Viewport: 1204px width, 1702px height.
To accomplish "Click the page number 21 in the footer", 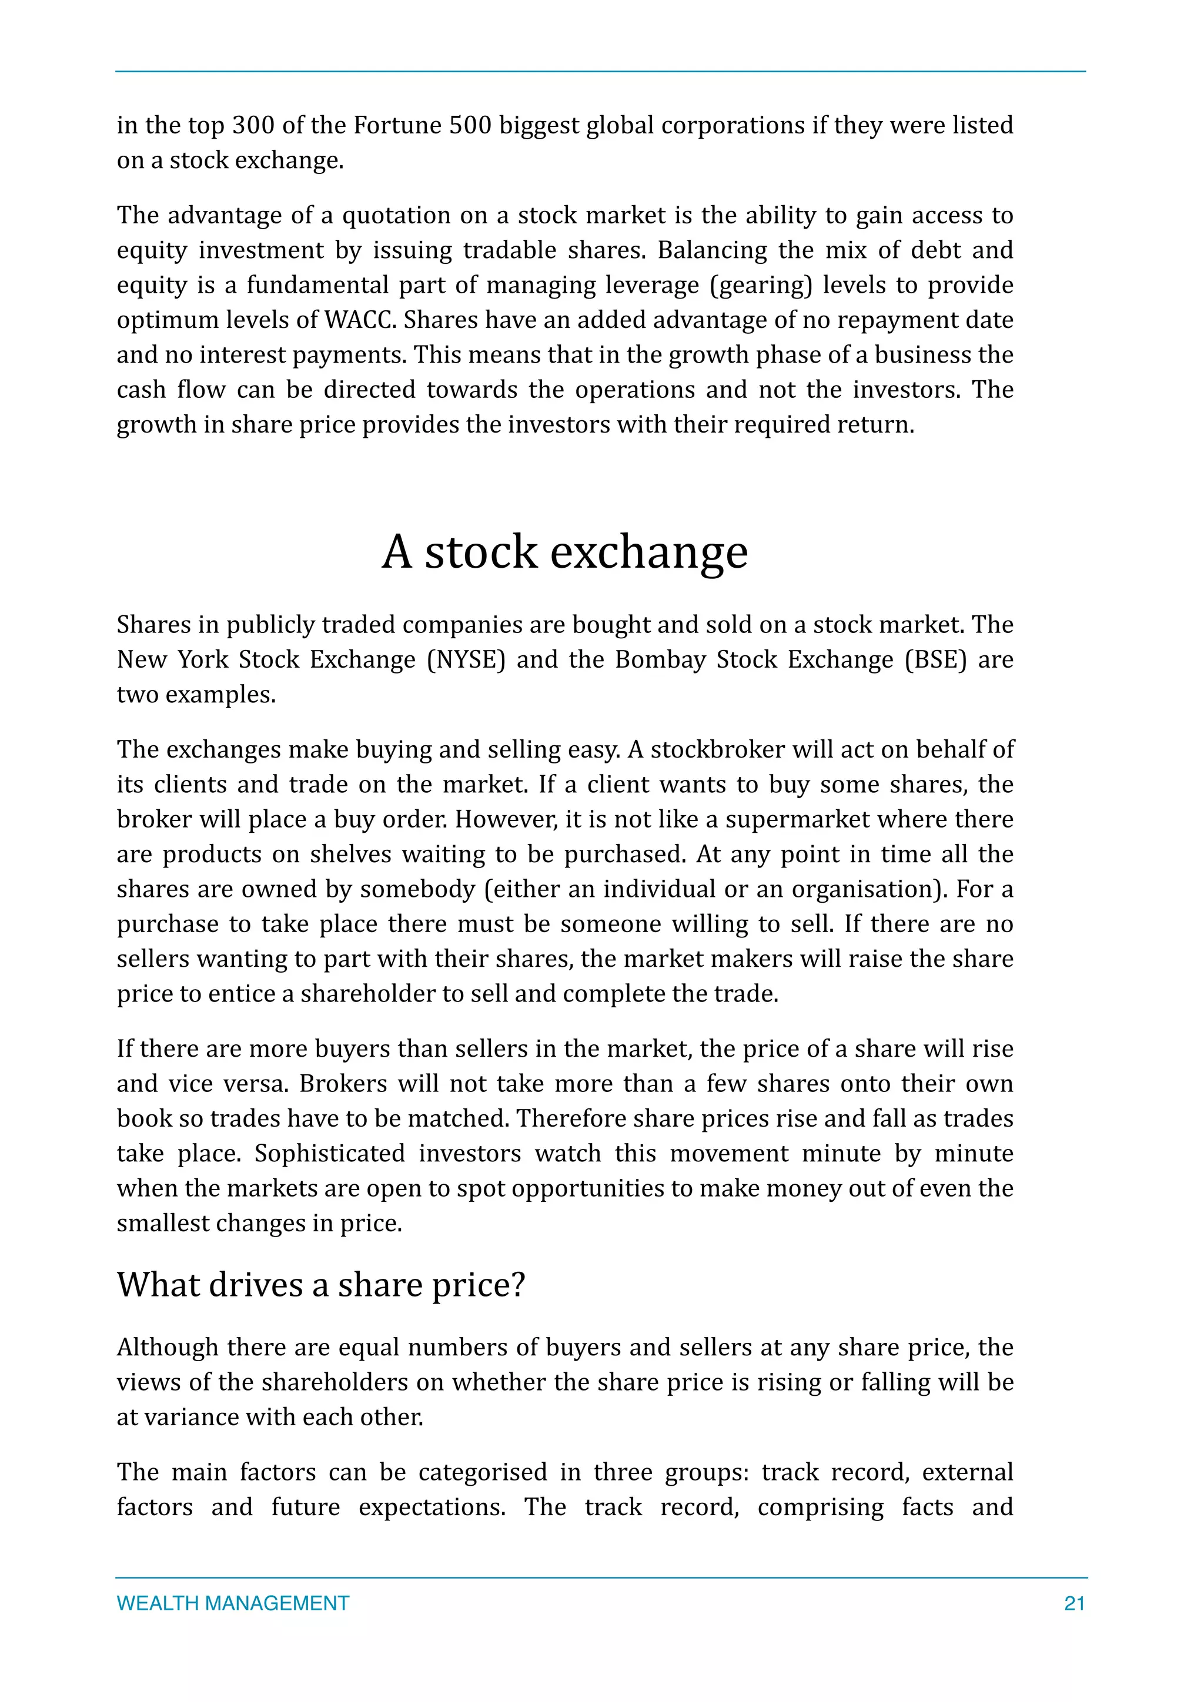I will click(x=1073, y=1603).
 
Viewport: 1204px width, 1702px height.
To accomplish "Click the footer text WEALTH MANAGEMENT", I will click(x=233, y=1603).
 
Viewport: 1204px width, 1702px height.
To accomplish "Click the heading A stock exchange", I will click(x=565, y=552).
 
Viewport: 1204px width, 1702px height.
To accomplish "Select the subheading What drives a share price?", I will click(x=320, y=1285).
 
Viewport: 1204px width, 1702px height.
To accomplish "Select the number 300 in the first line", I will click(x=253, y=125).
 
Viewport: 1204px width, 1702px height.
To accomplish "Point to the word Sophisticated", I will click(x=330, y=1154).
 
